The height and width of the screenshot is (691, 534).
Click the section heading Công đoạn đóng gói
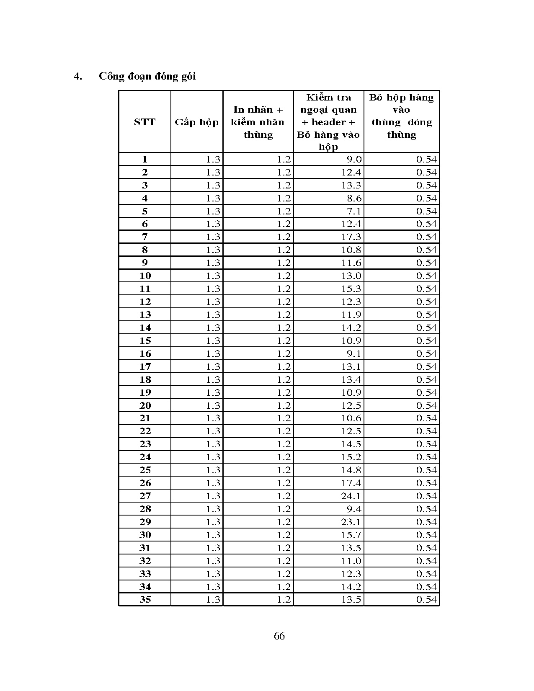click(x=147, y=77)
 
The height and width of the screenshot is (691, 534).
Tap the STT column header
click(x=144, y=122)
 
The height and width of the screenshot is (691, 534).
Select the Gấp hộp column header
click(x=196, y=122)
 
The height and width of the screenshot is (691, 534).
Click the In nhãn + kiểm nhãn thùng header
click(x=258, y=122)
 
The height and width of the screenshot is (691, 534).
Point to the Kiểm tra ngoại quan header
click(x=328, y=122)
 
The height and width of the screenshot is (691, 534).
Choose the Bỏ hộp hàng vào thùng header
click(x=401, y=116)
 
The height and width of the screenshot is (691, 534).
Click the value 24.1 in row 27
click(x=351, y=496)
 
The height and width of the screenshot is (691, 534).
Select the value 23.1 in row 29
click(x=351, y=522)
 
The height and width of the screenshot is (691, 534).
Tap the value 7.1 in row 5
click(x=354, y=211)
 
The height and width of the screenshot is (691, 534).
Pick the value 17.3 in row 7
click(x=351, y=237)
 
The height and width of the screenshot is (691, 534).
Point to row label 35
click(x=145, y=600)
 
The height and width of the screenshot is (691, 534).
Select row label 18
click(x=145, y=380)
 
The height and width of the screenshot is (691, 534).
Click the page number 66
click(x=279, y=636)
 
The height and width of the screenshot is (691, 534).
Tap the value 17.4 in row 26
click(x=351, y=483)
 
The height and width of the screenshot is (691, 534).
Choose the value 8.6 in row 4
click(x=354, y=199)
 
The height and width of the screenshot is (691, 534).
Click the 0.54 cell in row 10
click(x=426, y=276)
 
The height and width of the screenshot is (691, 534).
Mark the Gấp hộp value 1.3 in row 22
click(x=213, y=431)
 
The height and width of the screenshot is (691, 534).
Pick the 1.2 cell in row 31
click(x=284, y=548)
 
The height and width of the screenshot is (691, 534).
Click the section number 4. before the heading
click(x=77, y=77)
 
